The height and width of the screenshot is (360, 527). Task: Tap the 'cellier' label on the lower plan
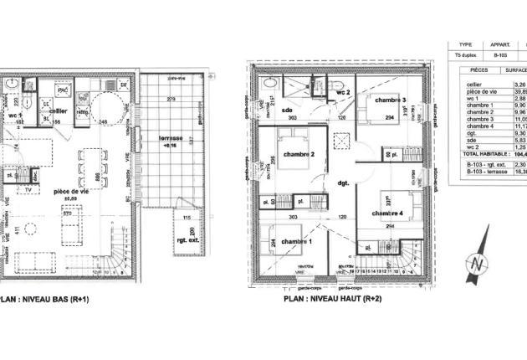click(x=58, y=111)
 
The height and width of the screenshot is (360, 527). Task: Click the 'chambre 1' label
click(x=296, y=242)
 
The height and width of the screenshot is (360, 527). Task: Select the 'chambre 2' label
click(x=298, y=154)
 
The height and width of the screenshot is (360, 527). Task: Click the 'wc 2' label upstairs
click(x=342, y=91)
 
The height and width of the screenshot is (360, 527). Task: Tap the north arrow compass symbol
click(x=477, y=263)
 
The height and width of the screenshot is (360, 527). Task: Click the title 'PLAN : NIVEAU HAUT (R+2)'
click(x=332, y=299)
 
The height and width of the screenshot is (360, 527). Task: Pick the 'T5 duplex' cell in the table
click(x=465, y=55)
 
